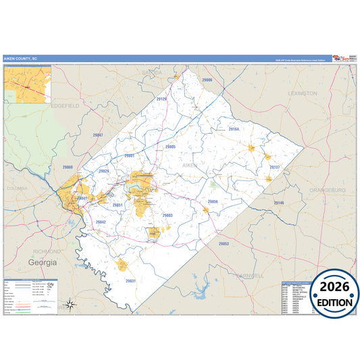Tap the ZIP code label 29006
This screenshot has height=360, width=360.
(x=207, y=80)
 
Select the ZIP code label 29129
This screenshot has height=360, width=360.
(x=161, y=99)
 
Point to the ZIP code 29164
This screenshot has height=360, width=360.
(x=234, y=128)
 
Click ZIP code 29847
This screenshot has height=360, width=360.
(x=98, y=135)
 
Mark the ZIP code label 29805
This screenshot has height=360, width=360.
(x=170, y=146)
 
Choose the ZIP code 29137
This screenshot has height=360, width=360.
(x=274, y=166)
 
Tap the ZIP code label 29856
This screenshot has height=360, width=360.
(x=213, y=201)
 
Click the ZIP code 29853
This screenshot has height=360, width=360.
(x=224, y=242)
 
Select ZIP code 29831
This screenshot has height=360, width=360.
(x=130, y=280)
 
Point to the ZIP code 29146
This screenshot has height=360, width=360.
(x=279, y=203)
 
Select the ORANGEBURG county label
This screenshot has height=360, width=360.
(x=327, y=190)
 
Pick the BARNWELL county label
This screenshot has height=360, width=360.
(x=250, y=276)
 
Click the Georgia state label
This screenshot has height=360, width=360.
(x=43, y=261)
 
